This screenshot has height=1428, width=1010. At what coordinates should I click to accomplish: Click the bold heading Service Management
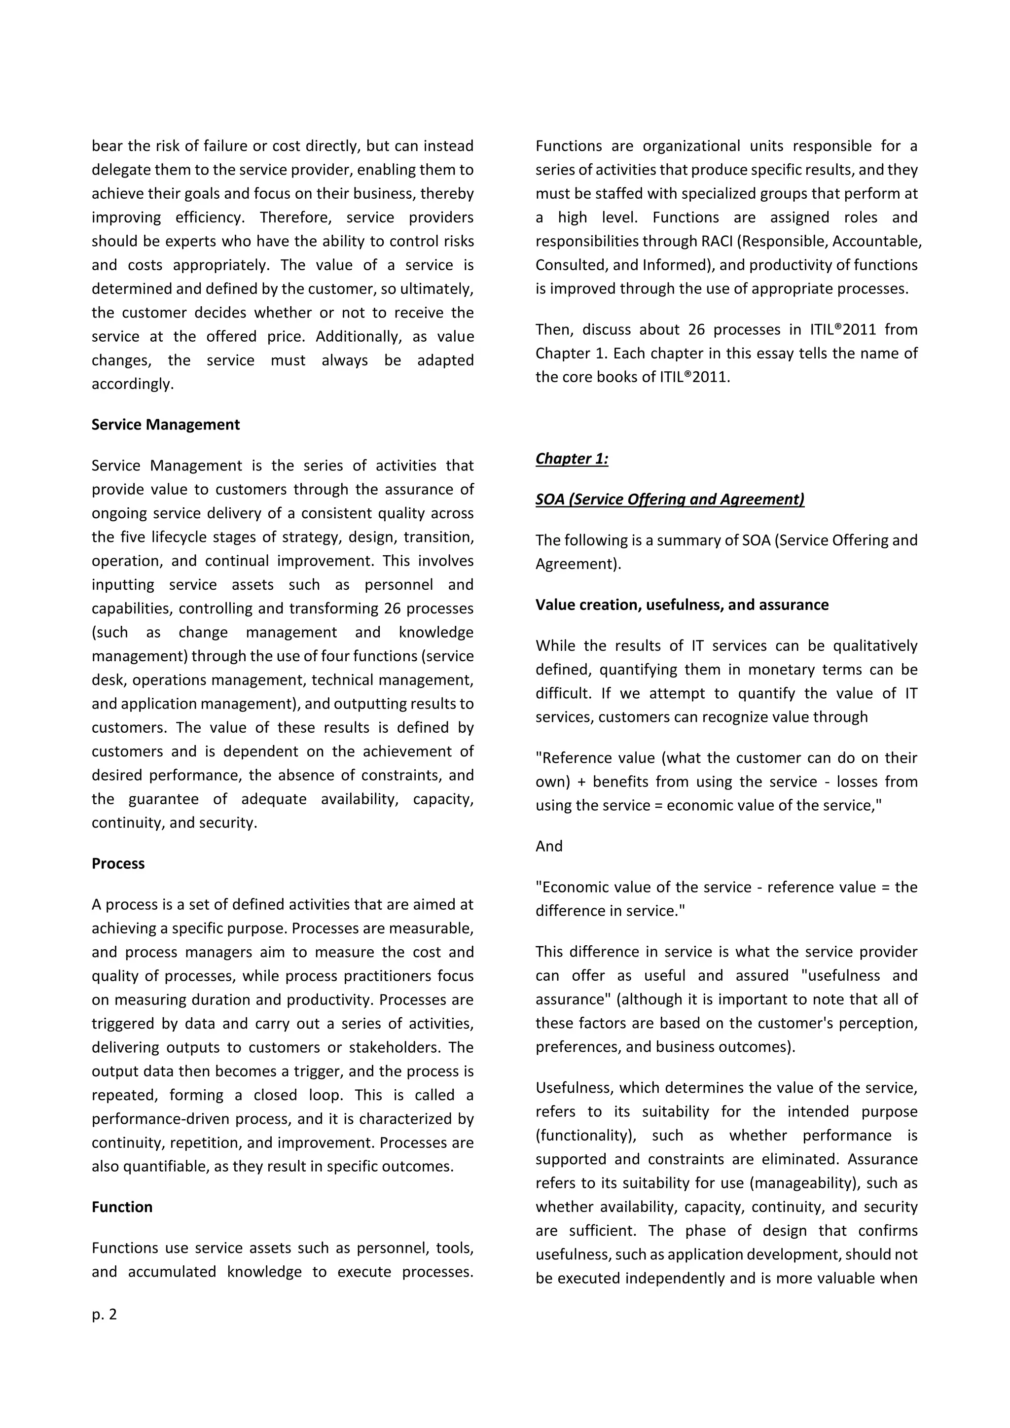pos(165,425)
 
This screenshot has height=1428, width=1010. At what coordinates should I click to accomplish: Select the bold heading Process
pos(118,864)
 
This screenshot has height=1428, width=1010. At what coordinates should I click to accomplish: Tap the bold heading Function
pos(122,1207)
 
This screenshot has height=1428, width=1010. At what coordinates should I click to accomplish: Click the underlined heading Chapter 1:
pos(572,459)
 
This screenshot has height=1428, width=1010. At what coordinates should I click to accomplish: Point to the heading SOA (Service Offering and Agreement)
pos(670,500)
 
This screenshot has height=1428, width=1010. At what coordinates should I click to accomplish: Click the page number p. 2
pos(105,1315)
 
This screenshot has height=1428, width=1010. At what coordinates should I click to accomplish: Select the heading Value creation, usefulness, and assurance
pos(682,605)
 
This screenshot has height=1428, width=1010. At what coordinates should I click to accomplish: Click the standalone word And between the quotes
pos(548,847)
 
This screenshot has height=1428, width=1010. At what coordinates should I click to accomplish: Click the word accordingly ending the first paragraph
pos(133,384)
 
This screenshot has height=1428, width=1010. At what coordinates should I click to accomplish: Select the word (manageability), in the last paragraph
pos(794,1183)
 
